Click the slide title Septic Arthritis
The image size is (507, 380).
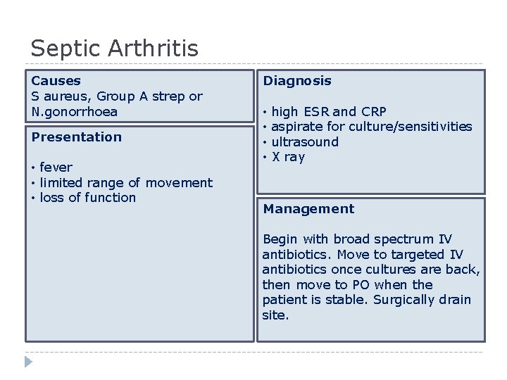point(114,49)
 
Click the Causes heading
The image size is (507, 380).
point(56,81)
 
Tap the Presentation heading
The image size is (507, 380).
point(76,137)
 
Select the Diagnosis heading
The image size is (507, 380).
point(296,81)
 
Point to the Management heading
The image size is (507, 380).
point(308,209)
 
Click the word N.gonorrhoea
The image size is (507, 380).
point(75,112)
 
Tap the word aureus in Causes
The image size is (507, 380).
point(65,96)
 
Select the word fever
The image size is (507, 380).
point(57,167)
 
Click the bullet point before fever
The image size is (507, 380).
point(34,168)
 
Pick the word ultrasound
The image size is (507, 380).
point(305,142)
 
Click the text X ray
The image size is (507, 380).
point(288,158)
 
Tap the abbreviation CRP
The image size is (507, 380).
point(373,112)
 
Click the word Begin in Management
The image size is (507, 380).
point(280,240)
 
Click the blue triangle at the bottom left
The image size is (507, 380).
point(28,362)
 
